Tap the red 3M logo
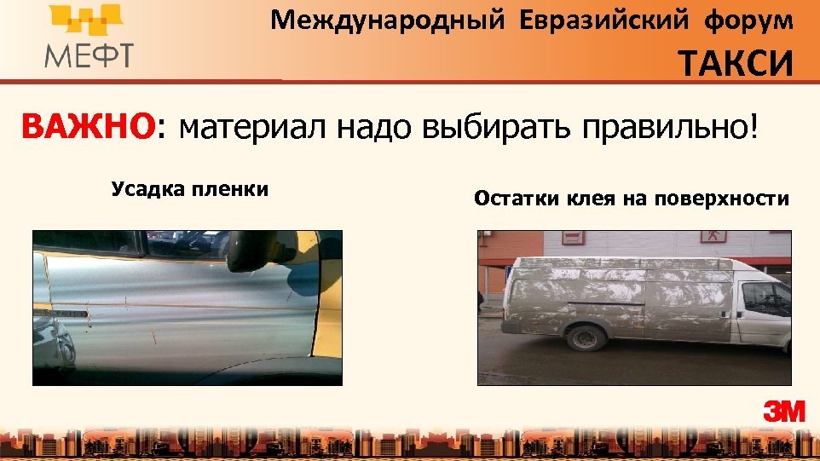(783, 412)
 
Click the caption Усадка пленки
(189, 189)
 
